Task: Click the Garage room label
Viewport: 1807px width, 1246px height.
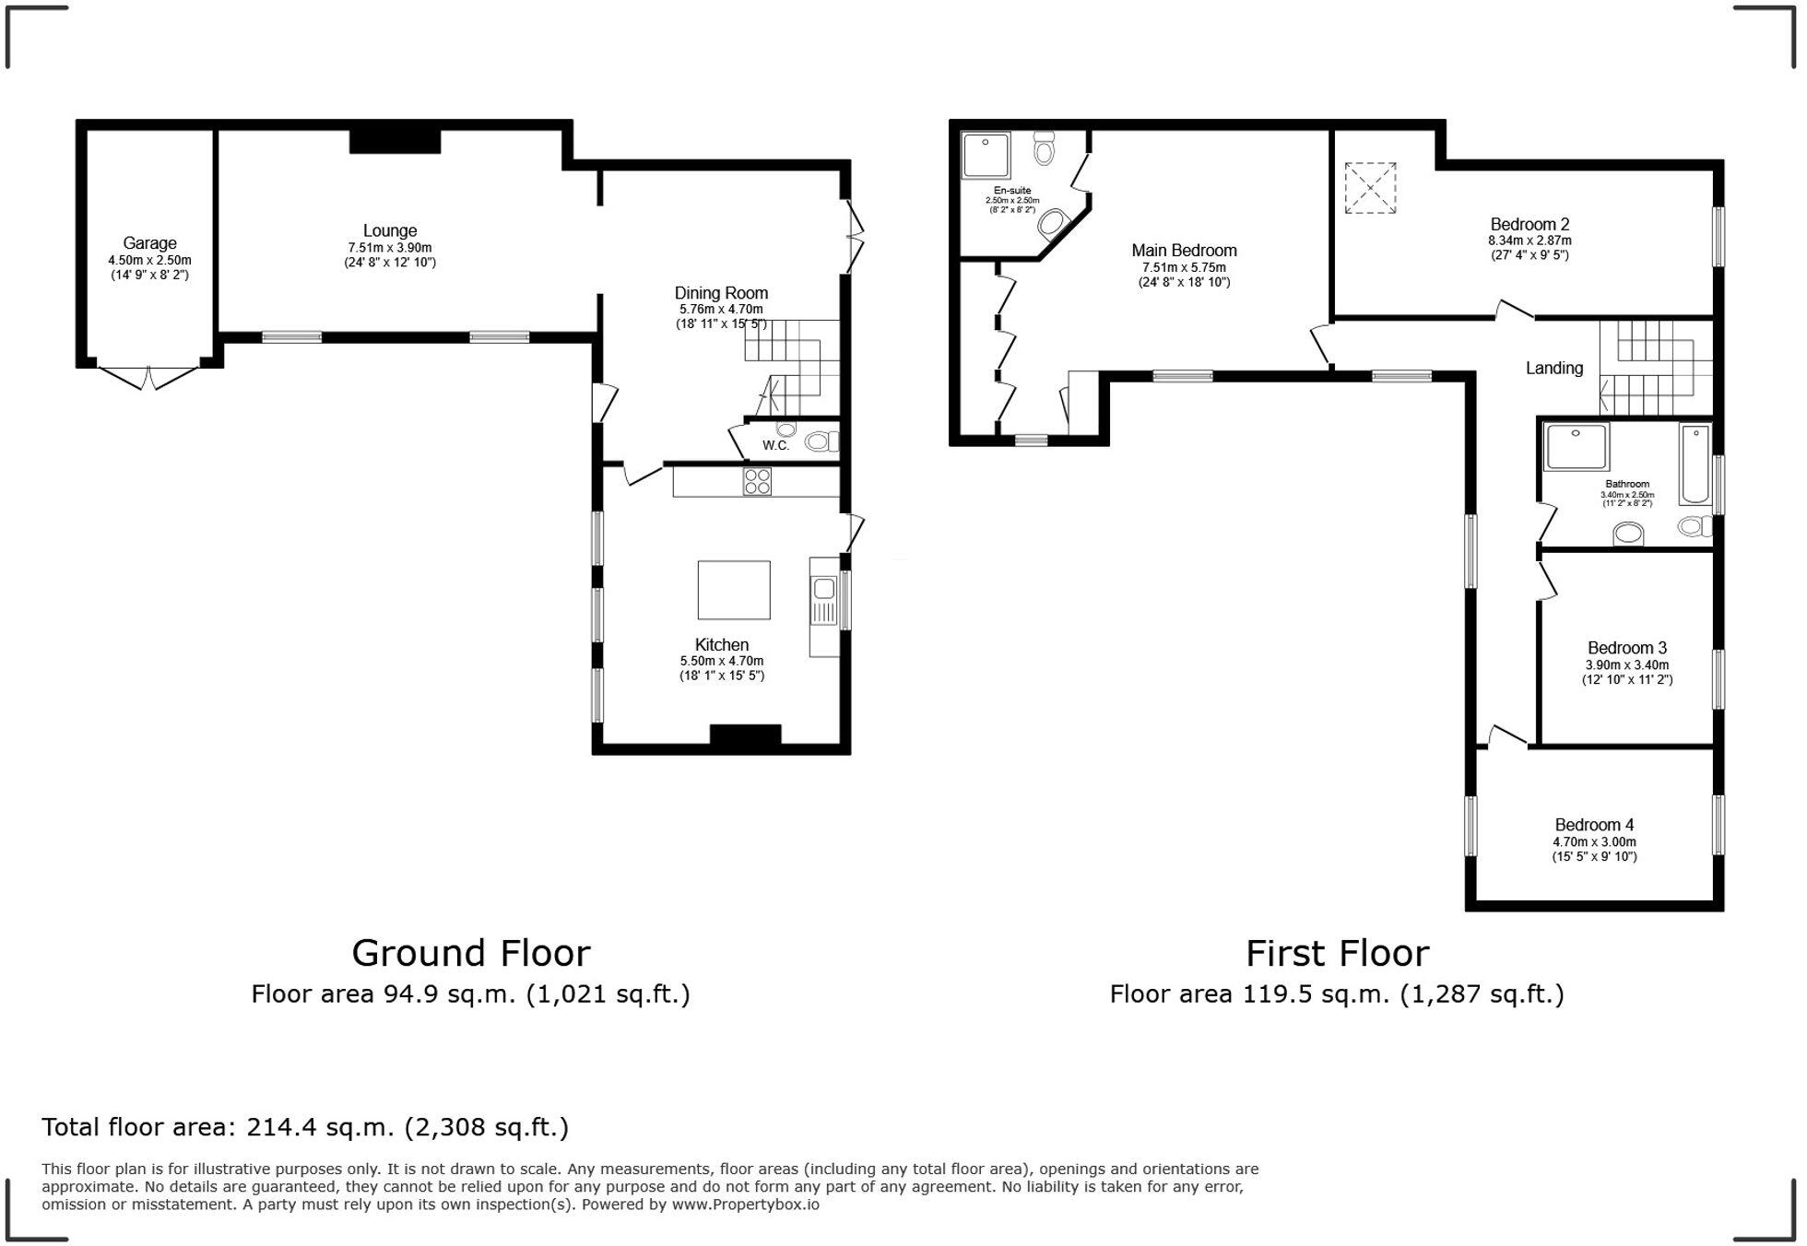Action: coord(149,243)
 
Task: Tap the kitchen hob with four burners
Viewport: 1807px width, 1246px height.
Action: coord(757,481)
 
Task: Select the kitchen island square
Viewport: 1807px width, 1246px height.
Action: coord(733,590)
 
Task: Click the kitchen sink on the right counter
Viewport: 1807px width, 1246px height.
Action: coord(823,589)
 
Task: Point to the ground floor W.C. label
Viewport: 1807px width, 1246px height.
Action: coord(775,446)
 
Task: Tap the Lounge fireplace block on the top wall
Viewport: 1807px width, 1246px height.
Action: coord(395,141)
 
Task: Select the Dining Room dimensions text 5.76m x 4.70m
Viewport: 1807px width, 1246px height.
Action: coord(721,310)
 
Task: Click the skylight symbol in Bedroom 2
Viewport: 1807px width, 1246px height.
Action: coord(1369,188)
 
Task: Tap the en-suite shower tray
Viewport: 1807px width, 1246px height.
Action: coord(986,155)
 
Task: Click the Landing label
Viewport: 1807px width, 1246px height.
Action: coord(1553,369)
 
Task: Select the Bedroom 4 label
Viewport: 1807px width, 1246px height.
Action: coord(1594,825)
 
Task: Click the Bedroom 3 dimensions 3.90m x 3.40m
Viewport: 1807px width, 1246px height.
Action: coord(1627,664)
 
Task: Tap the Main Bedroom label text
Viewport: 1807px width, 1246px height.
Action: coord(1184,251)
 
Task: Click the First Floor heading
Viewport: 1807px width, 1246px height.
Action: coord(1337,954)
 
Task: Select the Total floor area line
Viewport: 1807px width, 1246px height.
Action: coord(305,1127)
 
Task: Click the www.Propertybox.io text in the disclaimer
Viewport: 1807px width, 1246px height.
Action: coord(745,1205)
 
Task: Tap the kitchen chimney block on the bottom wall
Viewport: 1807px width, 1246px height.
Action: coord(745,735)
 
